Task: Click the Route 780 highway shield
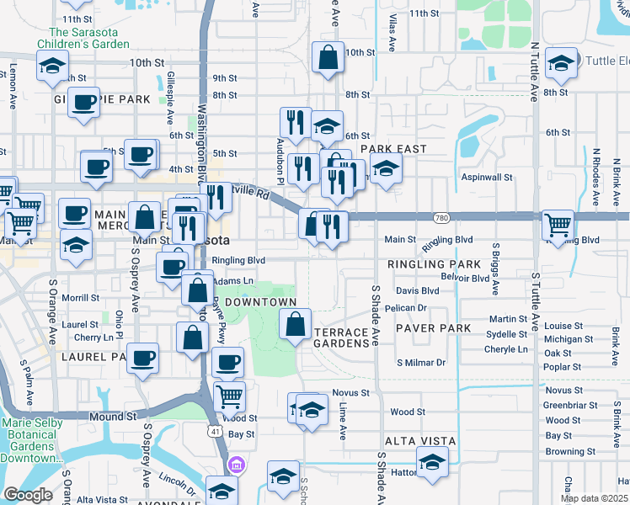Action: tap(440, 218)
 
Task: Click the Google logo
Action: tap(29, 495)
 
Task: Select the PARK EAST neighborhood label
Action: tap(393, 149)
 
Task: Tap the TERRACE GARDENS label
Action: tap(342, 338)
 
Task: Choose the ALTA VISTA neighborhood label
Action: tap(420, 441)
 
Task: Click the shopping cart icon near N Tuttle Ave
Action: tap(558, 224)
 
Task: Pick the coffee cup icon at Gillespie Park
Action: tap(83, 102)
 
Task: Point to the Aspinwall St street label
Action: tap(487, 178)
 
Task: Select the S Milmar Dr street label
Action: tap(421, 363)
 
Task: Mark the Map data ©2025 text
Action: tap(594, 498)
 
